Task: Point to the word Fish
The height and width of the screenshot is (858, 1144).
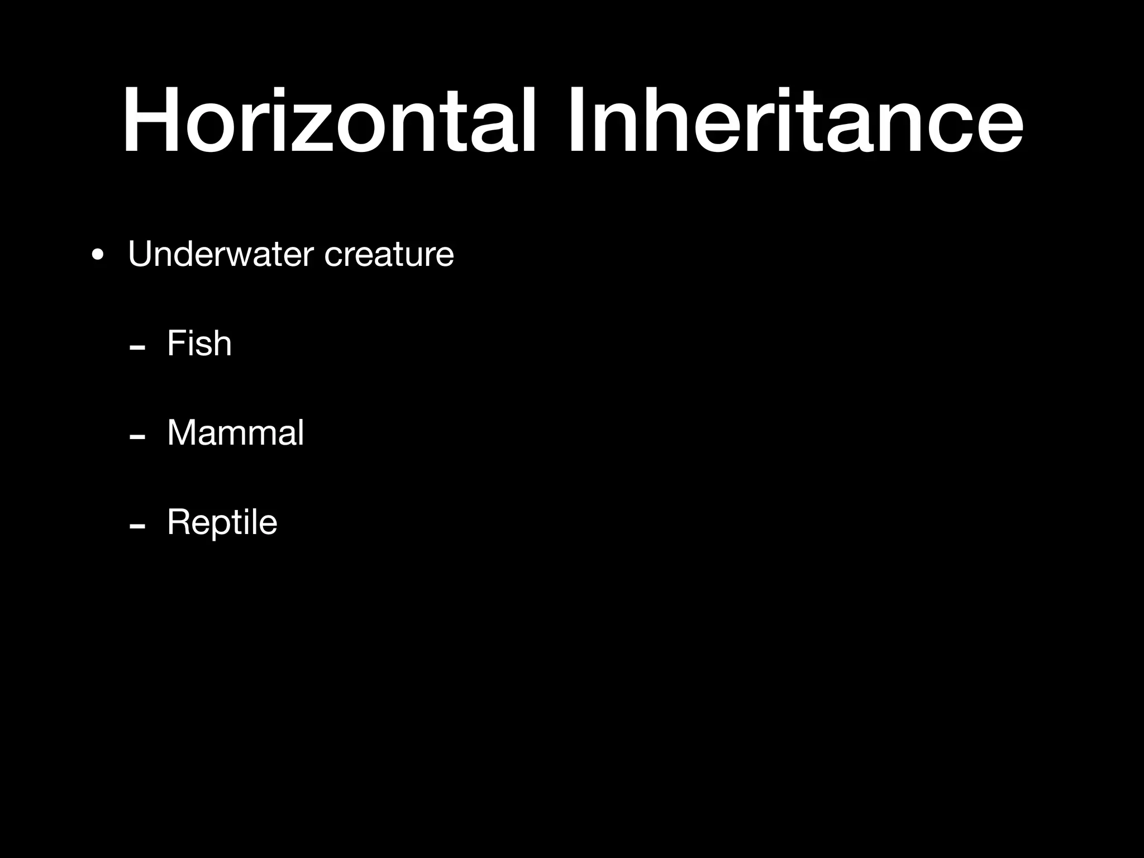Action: click(x=199, y=343)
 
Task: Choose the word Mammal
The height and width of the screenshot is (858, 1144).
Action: click(x=235, y=432)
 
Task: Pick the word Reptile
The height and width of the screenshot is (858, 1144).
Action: click(x=222, y=523)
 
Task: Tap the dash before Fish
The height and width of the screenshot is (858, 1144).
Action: click(x=137, y=348)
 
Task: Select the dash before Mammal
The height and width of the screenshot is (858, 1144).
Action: click(x=137, y=437)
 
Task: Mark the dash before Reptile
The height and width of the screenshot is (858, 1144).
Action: click(x=137, y=527)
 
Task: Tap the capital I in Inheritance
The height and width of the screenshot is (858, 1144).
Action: click(x=575, y=120)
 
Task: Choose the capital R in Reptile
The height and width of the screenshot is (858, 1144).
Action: click(x=179, y=522)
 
